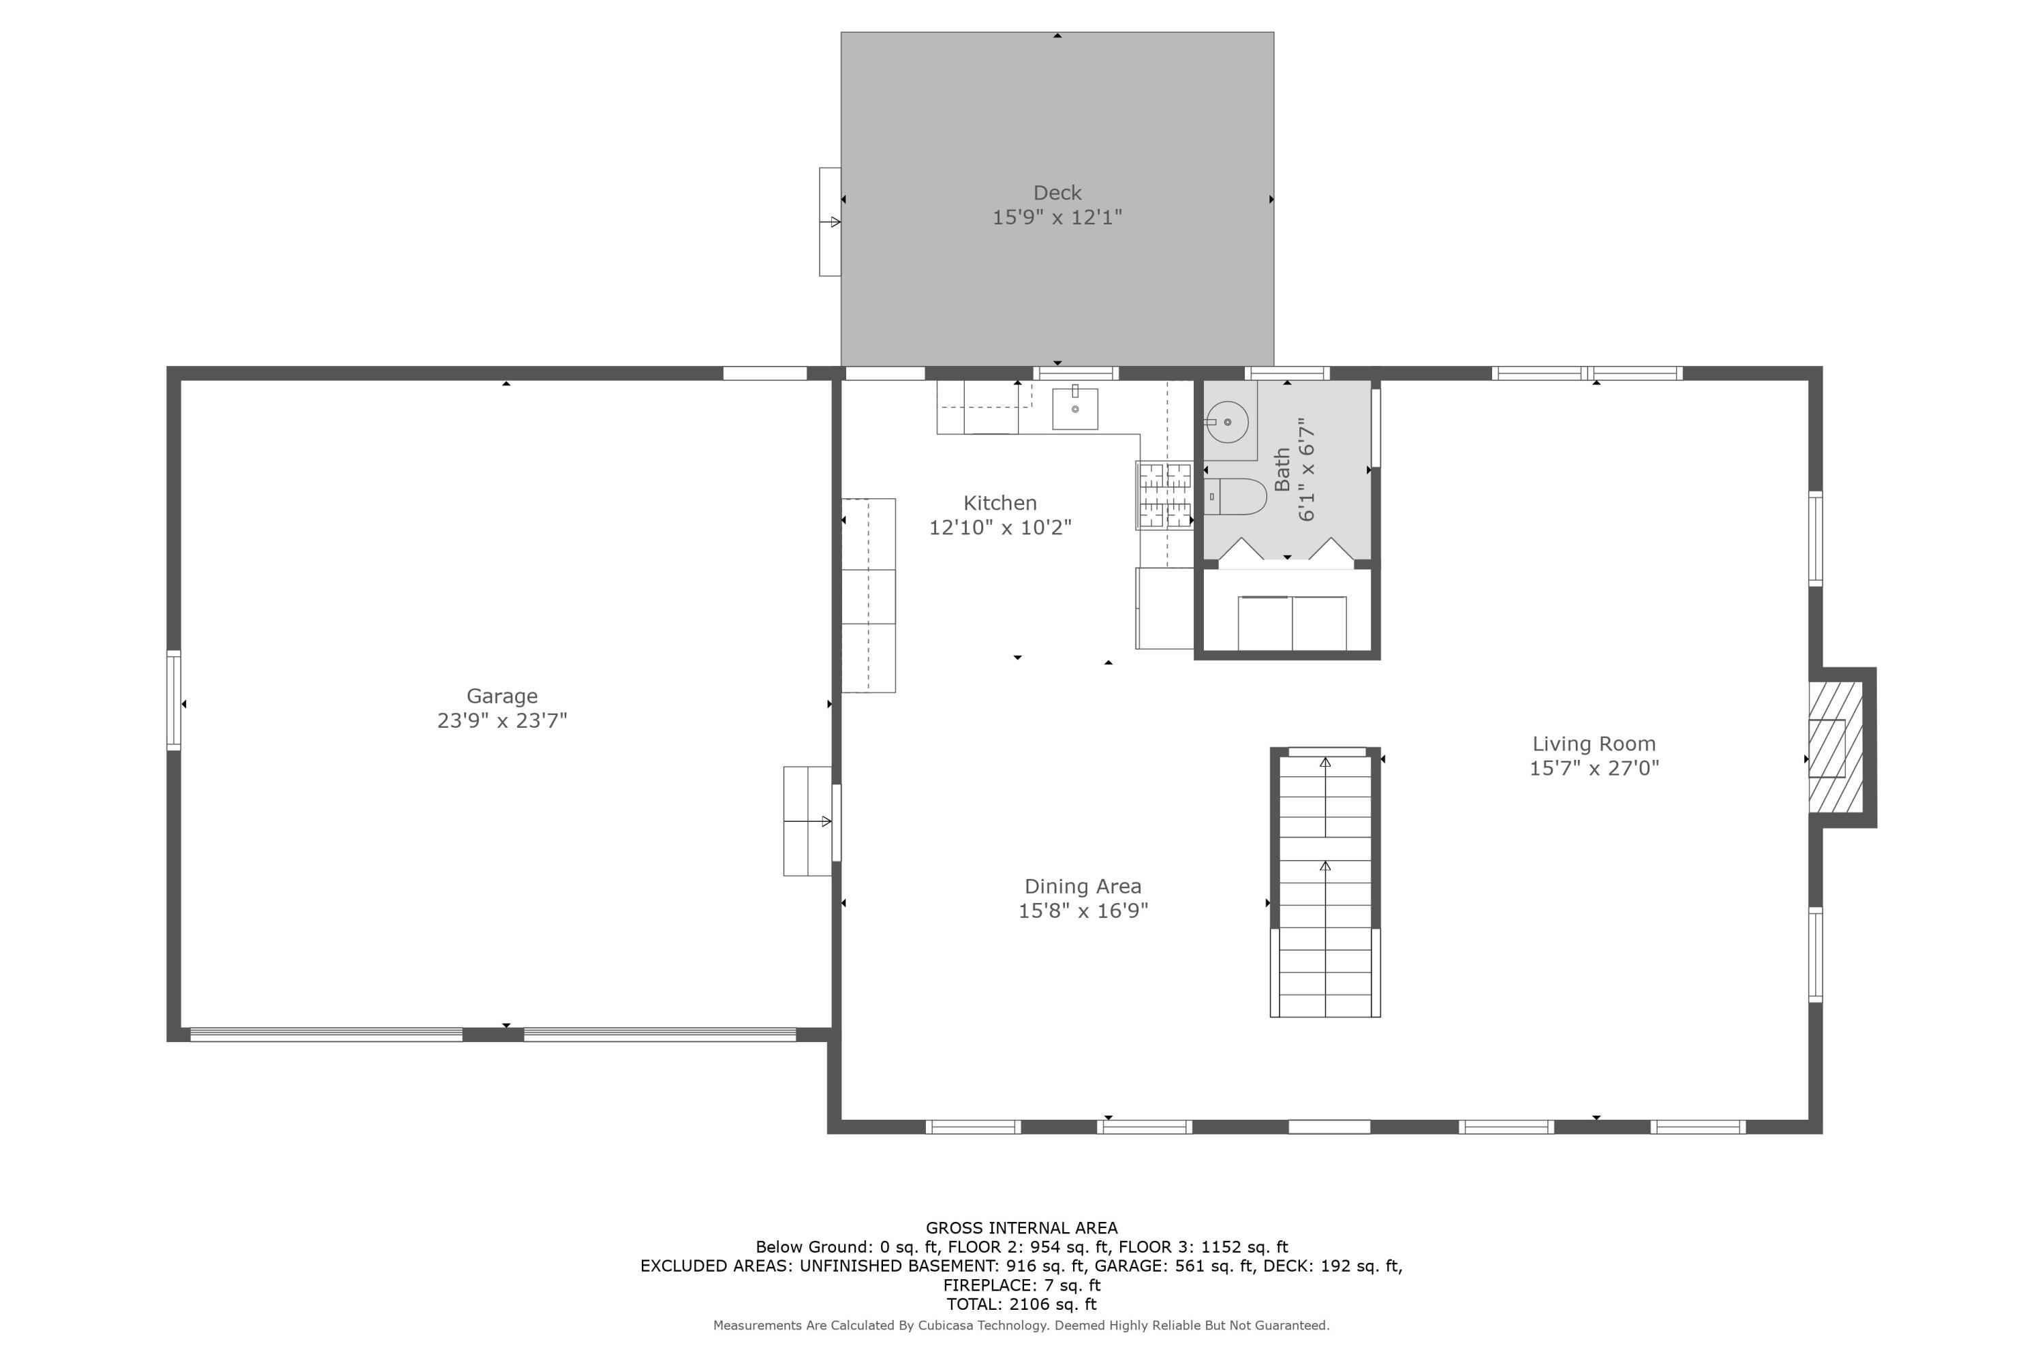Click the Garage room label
click(501, 696)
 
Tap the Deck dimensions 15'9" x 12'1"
click(1057, 217)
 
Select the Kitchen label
click(1000, 504)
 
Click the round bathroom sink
click(1226, 423)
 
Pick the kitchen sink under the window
click(1074, 408)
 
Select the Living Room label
click(1593, 744)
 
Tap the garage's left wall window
click(174, 700)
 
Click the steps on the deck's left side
click(830, 221)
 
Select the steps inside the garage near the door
click(807, 821)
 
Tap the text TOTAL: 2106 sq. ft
click(1021, 1304)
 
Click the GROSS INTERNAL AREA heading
click(1021, 1227)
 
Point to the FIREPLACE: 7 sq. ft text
click(1021, 1285)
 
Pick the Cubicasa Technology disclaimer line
click(1021, 1326)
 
